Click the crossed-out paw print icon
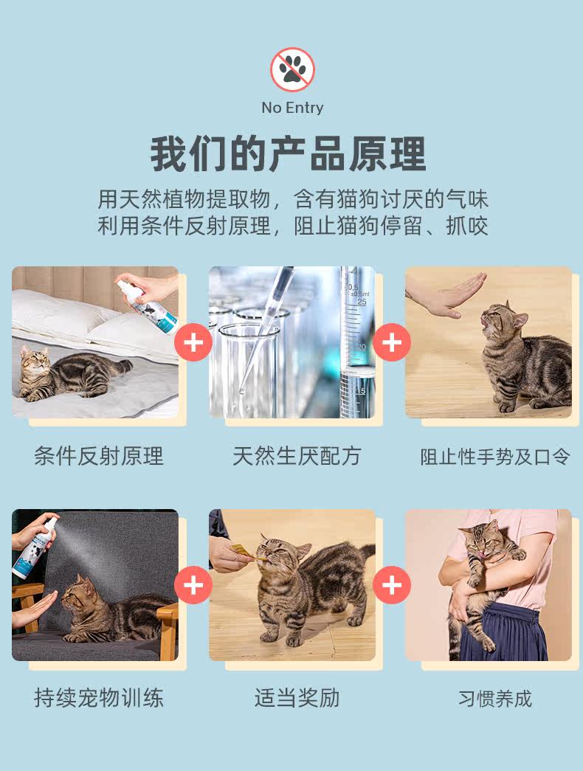[x=292, y=69]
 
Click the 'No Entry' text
[x=292, y=108]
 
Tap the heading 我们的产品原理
[x=289, y=154]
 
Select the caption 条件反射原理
[x=98, y=456]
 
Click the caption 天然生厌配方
[x=297, y=456]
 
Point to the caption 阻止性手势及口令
[x=495, y=457]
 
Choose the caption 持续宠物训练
[x=98, y=698]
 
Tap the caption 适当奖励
[x=297, y=698]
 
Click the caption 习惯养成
[x=495, y=698]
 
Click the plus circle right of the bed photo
[x=193, y=342]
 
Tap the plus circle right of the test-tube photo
[x=392, y=342]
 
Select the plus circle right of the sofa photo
[x=193, y=584]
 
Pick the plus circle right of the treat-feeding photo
[x=392, y=584]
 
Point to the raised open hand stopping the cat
[x=452, y=296]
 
